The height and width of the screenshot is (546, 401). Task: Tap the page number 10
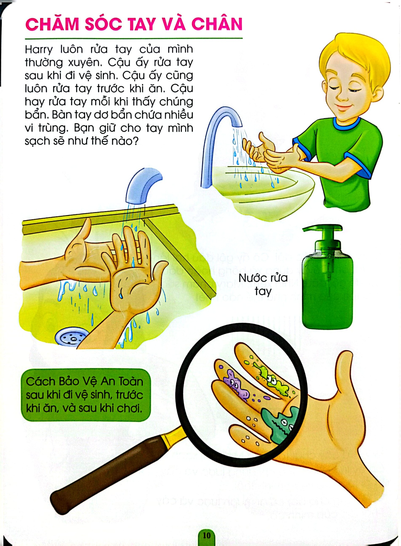[206, 535]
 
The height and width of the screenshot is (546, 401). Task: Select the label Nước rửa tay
[263, 284]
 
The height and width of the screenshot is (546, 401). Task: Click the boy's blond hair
[354, 59]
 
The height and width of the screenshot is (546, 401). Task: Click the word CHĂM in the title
[52, 25]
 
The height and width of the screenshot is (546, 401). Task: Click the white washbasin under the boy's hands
[266, 193]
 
